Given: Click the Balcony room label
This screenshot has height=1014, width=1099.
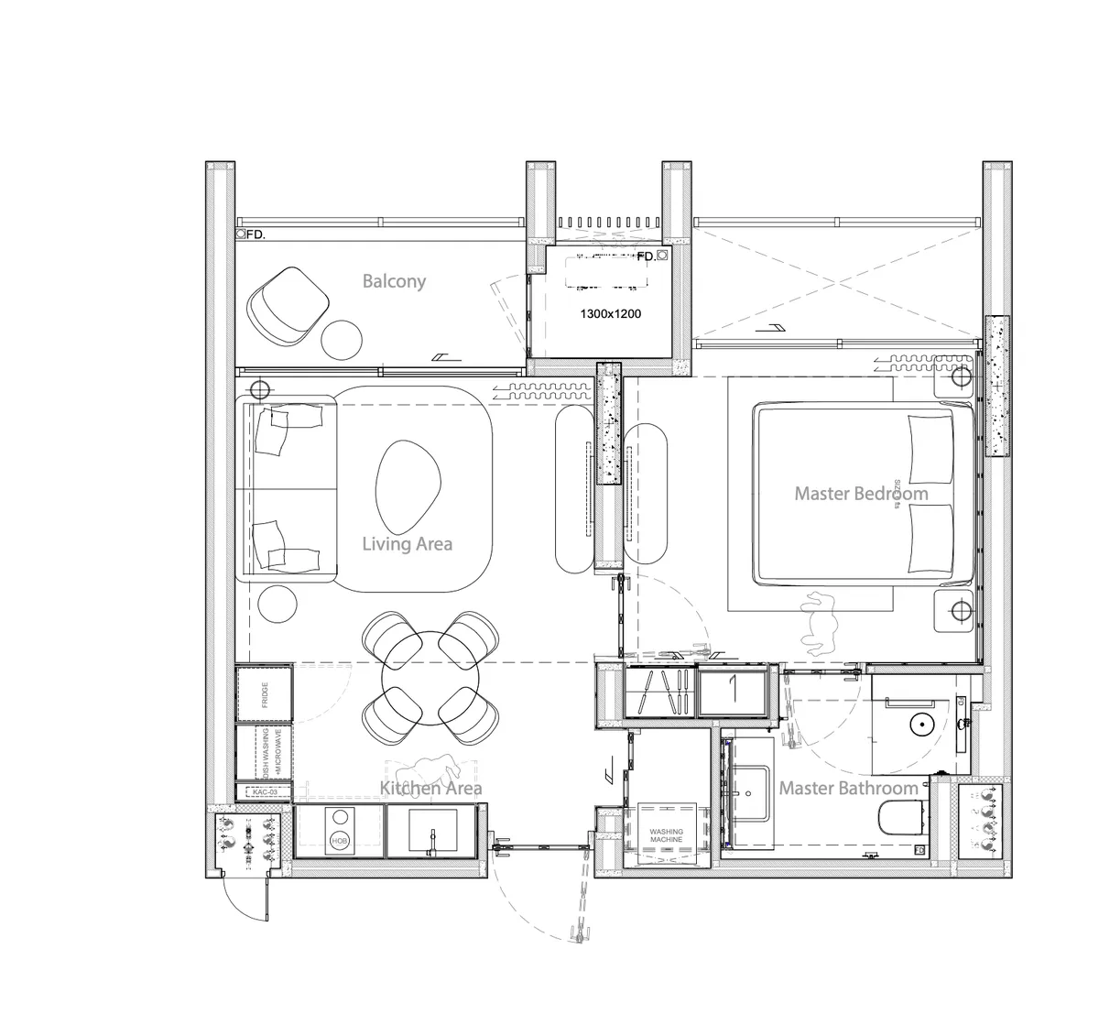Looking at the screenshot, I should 394,281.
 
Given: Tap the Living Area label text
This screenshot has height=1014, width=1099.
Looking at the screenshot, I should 407,544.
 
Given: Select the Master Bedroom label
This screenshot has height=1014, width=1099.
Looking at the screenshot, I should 860,494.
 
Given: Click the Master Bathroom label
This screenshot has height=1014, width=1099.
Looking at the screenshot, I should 847,788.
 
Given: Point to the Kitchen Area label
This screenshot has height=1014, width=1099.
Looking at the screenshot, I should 430,788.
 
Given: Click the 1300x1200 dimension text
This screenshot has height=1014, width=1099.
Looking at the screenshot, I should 610,314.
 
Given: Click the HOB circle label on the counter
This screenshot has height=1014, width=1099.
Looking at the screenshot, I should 340,840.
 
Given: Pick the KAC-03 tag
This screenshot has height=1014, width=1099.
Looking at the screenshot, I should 264,791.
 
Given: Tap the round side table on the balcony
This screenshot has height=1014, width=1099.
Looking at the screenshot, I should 343,338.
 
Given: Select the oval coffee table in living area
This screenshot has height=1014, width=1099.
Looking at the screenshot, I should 408,479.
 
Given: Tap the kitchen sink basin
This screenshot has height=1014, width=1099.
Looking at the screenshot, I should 430,832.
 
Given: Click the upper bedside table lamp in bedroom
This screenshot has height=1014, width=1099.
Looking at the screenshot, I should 960,377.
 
